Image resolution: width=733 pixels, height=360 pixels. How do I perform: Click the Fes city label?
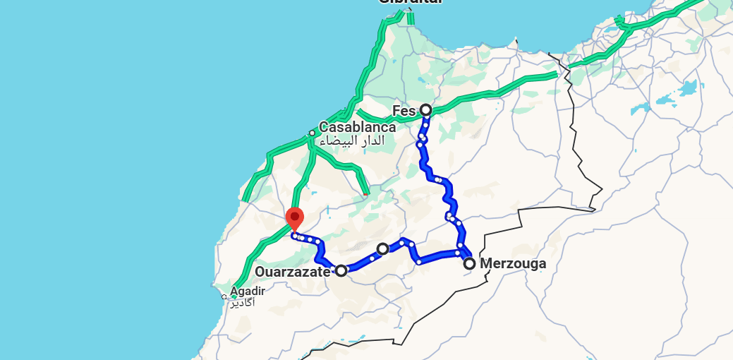404,110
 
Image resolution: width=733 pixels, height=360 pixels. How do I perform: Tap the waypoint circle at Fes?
425,109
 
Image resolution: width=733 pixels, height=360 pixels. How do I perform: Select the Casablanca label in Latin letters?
357,128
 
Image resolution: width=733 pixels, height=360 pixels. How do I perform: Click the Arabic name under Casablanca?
353,141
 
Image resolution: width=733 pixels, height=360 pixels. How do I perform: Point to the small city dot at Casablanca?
312,133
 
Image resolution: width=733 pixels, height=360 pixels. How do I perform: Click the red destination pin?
294,218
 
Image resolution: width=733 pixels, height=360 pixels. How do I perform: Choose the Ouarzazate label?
292,272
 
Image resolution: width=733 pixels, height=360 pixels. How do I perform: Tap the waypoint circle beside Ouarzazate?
341,270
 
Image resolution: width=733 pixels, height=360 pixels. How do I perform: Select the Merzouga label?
513,264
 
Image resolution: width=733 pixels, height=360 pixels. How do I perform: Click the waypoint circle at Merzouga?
469,264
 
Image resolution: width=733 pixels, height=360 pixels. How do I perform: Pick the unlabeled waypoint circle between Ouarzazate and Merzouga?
382,248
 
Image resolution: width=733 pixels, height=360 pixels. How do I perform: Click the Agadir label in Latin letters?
248,291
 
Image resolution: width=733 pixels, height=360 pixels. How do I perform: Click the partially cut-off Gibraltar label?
411,3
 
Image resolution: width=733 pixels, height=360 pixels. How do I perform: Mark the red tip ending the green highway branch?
365,193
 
